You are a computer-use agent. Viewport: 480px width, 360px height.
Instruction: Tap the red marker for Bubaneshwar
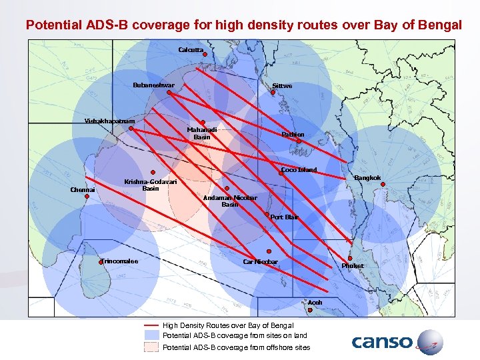(x=169, y=93)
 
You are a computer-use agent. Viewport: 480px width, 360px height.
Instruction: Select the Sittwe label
(x=282, y=85)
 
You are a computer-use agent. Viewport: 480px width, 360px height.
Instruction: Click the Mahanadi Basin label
(x=201, y=133)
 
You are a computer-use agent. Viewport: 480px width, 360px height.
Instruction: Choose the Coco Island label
(x=299, y=170)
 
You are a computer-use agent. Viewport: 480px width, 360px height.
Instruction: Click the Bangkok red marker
(x=383, y=185)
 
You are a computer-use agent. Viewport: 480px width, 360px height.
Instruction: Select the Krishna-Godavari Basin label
(x=151, y=185)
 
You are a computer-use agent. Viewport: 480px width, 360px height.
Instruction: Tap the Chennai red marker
(x=87, y=197)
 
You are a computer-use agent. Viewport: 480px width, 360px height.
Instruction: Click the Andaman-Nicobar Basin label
(x=230, y=201)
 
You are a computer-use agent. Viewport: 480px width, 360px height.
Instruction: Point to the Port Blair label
(x=285, y=217)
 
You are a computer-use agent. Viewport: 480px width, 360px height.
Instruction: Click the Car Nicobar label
(x=260, y=262)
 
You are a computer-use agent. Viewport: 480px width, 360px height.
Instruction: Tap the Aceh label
(x=315, y=303)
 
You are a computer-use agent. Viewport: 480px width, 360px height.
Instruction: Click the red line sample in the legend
(x=151, y=325)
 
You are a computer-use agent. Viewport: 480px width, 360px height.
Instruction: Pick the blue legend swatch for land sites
(x=151, y=336)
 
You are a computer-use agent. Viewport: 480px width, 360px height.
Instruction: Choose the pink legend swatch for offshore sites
(x=151, y=347)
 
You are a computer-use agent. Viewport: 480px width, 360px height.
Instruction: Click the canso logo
(x=397, y=342)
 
